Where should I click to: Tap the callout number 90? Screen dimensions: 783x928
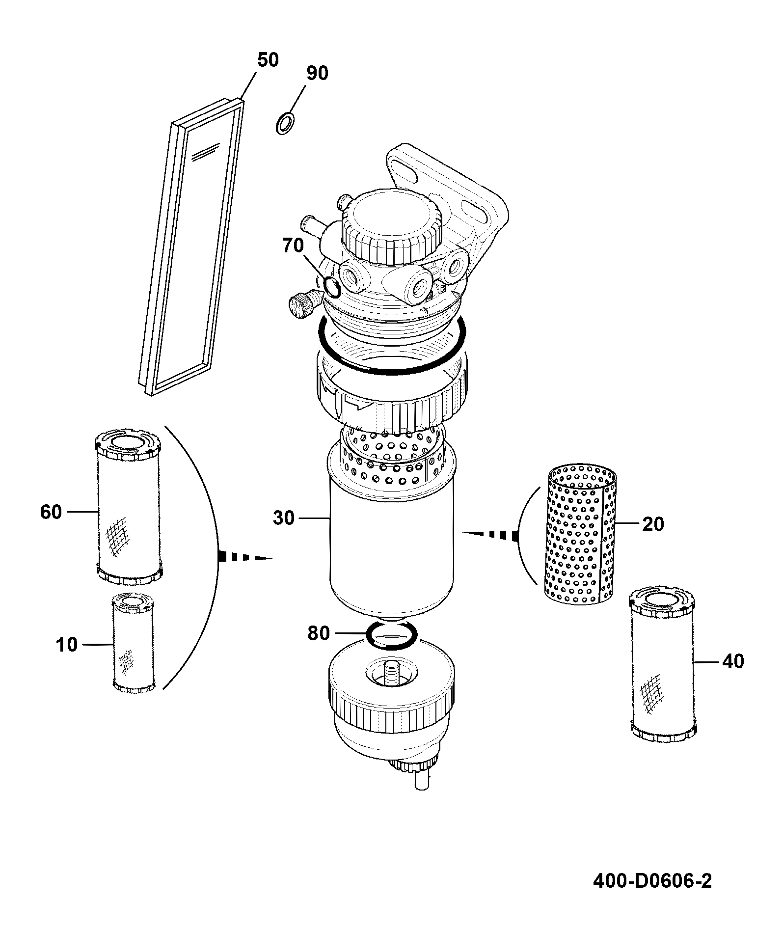click(x=317, y=73)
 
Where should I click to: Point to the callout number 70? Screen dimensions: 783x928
click(x=293, y=245)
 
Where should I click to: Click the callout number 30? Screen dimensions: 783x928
click(x=283, y=518)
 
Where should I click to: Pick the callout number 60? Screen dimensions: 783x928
click(x=51, y=512)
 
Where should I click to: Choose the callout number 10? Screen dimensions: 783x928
click(x=67, y=644)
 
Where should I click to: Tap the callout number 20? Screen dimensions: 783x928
click(x=653, y=524)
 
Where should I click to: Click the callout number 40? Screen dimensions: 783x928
click(x=733, y=661)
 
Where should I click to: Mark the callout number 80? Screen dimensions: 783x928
click(x=319, y=633)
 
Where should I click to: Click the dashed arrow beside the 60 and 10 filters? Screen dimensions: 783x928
click(x=245, y=557)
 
